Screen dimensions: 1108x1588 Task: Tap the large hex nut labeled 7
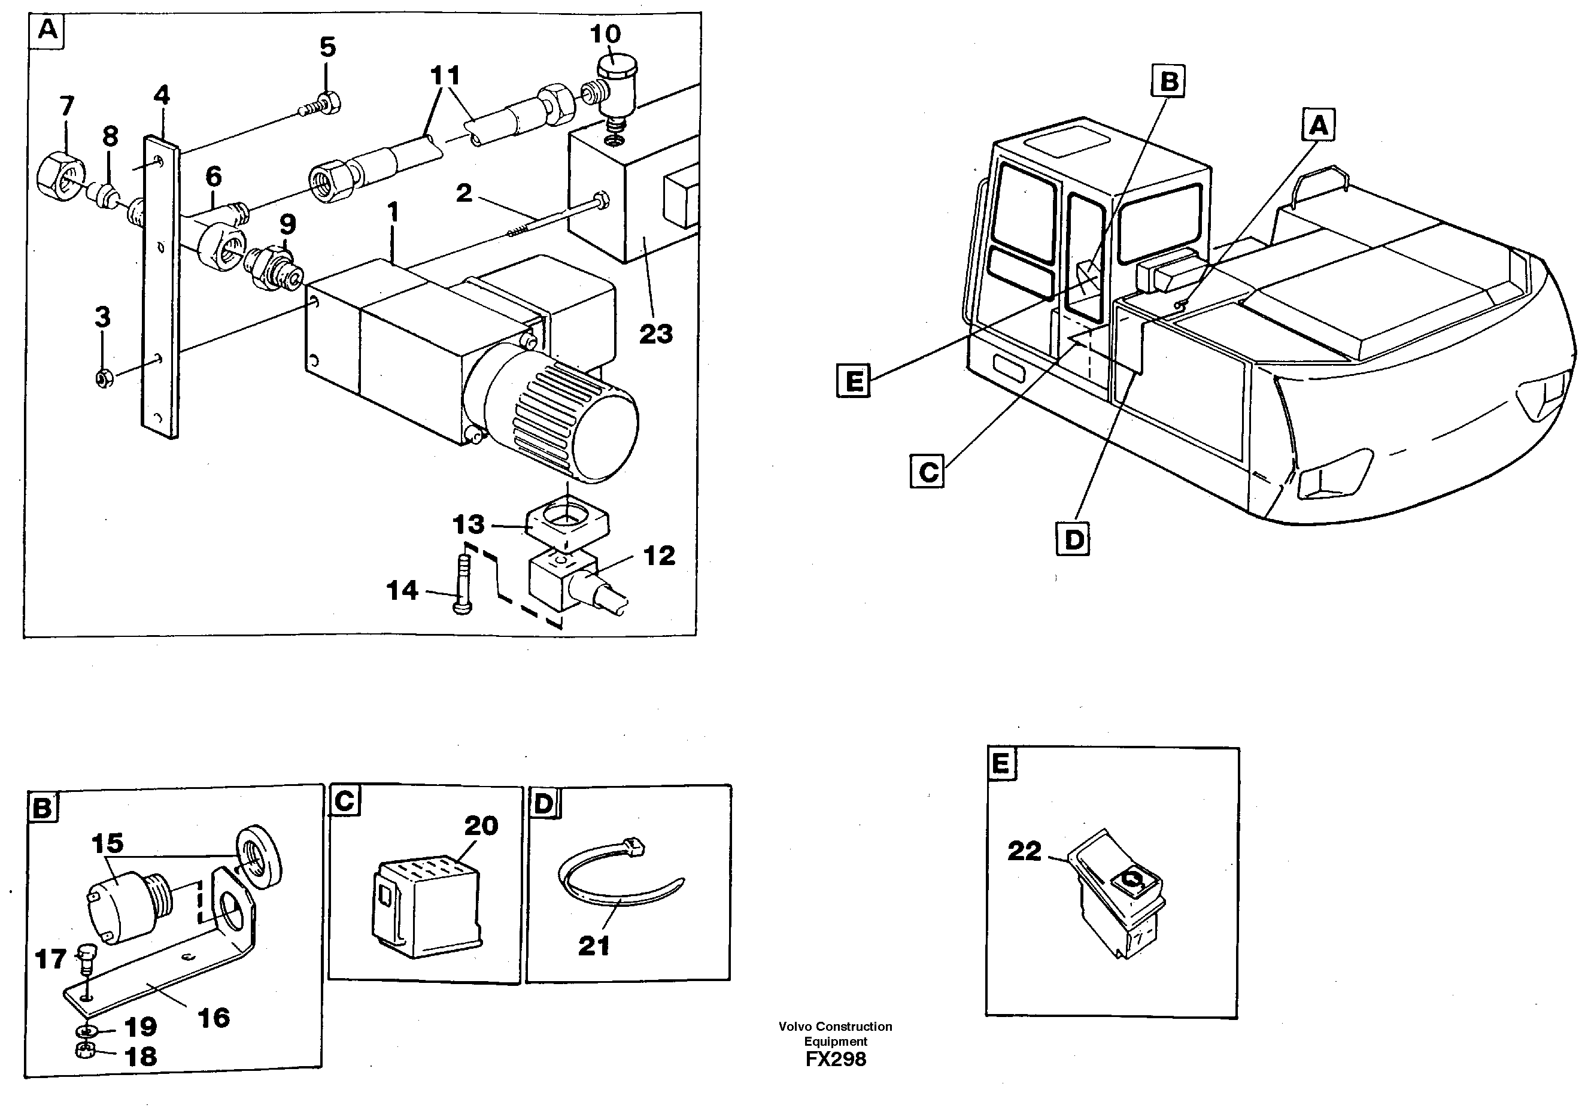click(x=60, y=178)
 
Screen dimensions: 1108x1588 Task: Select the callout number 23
click(x=655, y=334)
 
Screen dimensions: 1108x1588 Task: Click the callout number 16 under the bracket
click(x=213, y=1018)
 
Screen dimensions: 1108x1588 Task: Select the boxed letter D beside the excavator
click(x=1073, y=539)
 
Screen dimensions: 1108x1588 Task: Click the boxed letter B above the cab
click(x=1168, y=81)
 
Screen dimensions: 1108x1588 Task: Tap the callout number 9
click(x=288, y=223)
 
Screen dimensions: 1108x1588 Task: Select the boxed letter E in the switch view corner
click(x=1001, y=764)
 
